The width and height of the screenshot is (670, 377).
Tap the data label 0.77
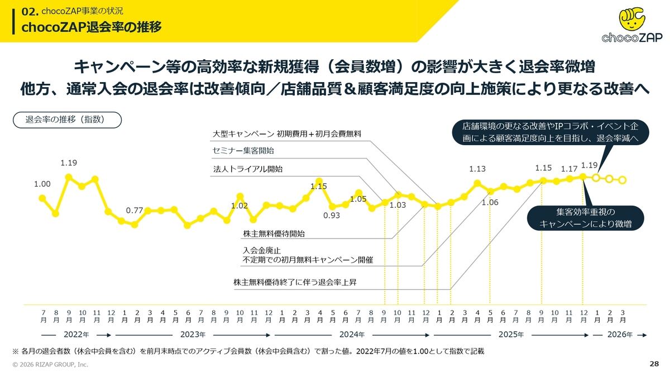(x=135, y=211)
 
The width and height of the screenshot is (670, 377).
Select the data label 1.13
(x=477, y=169)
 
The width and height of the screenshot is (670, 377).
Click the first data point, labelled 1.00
(x=42, y=198)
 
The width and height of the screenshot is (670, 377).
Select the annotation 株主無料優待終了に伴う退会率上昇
(x=295, y=283)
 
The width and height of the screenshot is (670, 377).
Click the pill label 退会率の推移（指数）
(x=65, y=119)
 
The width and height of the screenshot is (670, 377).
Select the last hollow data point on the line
(x=623, y=180)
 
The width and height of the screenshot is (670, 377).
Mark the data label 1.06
(x=490, y=202)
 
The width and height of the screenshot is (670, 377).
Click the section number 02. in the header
(x=28, y=11)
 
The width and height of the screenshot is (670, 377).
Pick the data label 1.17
(x=569, y=169)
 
